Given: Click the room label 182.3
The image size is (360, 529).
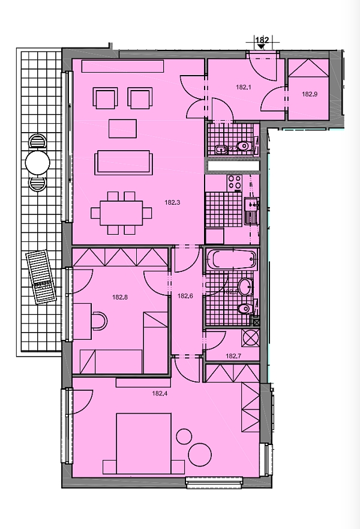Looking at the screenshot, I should point(172,203).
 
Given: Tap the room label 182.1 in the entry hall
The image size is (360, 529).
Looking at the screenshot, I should point(243,87).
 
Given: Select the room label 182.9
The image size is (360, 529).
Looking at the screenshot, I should point(310,94).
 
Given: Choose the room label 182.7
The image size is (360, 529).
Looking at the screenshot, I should point(233,356).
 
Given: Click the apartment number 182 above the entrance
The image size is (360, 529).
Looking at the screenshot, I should point(262,40).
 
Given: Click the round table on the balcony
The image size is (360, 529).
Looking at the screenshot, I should point(37,162).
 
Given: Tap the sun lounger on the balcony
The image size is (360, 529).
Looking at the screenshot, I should point(41,278).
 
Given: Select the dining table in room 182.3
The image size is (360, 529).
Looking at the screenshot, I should point(117,212).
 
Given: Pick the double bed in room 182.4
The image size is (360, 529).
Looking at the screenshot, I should point(145,443).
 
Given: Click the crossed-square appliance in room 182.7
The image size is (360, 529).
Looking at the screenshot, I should point(250,338).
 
